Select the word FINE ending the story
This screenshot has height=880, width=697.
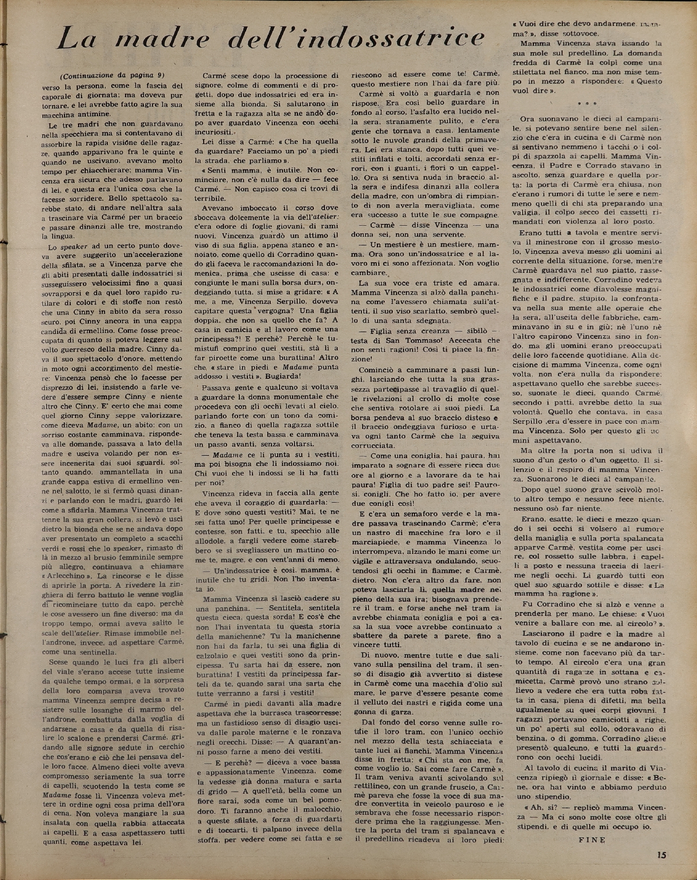point(592,839)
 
